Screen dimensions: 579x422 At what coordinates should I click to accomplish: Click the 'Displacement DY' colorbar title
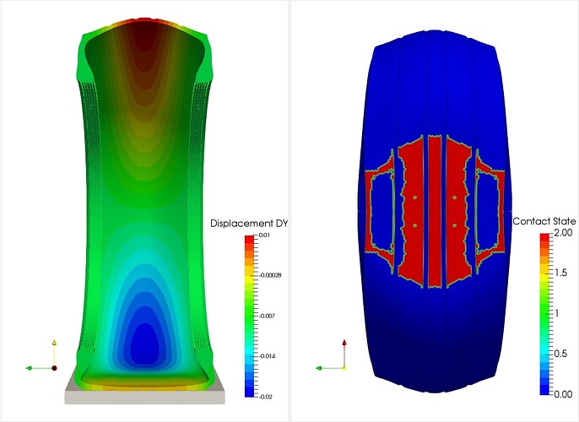pyautogui.click(x=249, y=224)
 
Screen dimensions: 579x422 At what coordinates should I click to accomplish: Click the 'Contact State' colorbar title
pyautogui.click(x=544, y=221)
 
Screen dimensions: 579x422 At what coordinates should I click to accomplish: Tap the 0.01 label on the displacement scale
pyautogui.click(x=264, y=235)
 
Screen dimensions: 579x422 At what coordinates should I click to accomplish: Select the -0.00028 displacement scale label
pyautogui.click(x=271, y=275)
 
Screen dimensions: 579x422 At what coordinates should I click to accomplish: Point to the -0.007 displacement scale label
pyautogui.click(x=268, y=316)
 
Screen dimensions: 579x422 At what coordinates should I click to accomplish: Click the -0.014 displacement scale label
pyautogui.click(x=268, y=356)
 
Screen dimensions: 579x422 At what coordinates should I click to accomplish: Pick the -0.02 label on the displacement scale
pyautogui.click(x=266, y=397)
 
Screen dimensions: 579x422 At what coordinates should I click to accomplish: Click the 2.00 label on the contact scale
pyautogui.click(x=564, y=233)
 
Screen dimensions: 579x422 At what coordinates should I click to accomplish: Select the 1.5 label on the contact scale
pyautogui.click(x=561, y=273)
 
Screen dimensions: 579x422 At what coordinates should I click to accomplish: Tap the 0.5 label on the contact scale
pyautogui.click(x=561, y=354)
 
